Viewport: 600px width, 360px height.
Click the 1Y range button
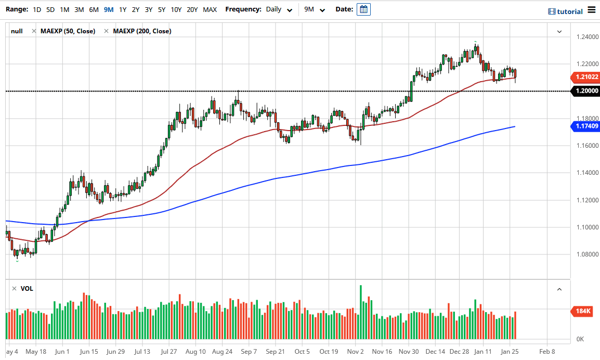[123, 9]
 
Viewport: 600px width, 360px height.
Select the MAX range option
[210, 9]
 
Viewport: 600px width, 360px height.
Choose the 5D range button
[50, 9]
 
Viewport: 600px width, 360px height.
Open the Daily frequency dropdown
[278, 9]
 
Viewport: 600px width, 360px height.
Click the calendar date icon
[363, 9]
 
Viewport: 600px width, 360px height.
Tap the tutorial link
[566, 11]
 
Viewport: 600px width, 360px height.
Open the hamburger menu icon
[592, 10]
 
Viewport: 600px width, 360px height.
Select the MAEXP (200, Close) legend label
[142, 31]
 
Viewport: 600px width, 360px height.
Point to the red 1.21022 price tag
[586, 77]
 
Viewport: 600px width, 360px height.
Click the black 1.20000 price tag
[586, 91]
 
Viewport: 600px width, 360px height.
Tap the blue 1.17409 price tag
[586, 126]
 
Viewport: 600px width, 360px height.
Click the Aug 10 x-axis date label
[195, 351]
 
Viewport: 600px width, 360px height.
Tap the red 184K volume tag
[583, 311]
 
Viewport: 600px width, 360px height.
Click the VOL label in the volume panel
[27, 288]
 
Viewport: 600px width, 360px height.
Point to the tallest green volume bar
[360, 312]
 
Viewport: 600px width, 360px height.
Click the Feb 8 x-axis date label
[547, 351]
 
